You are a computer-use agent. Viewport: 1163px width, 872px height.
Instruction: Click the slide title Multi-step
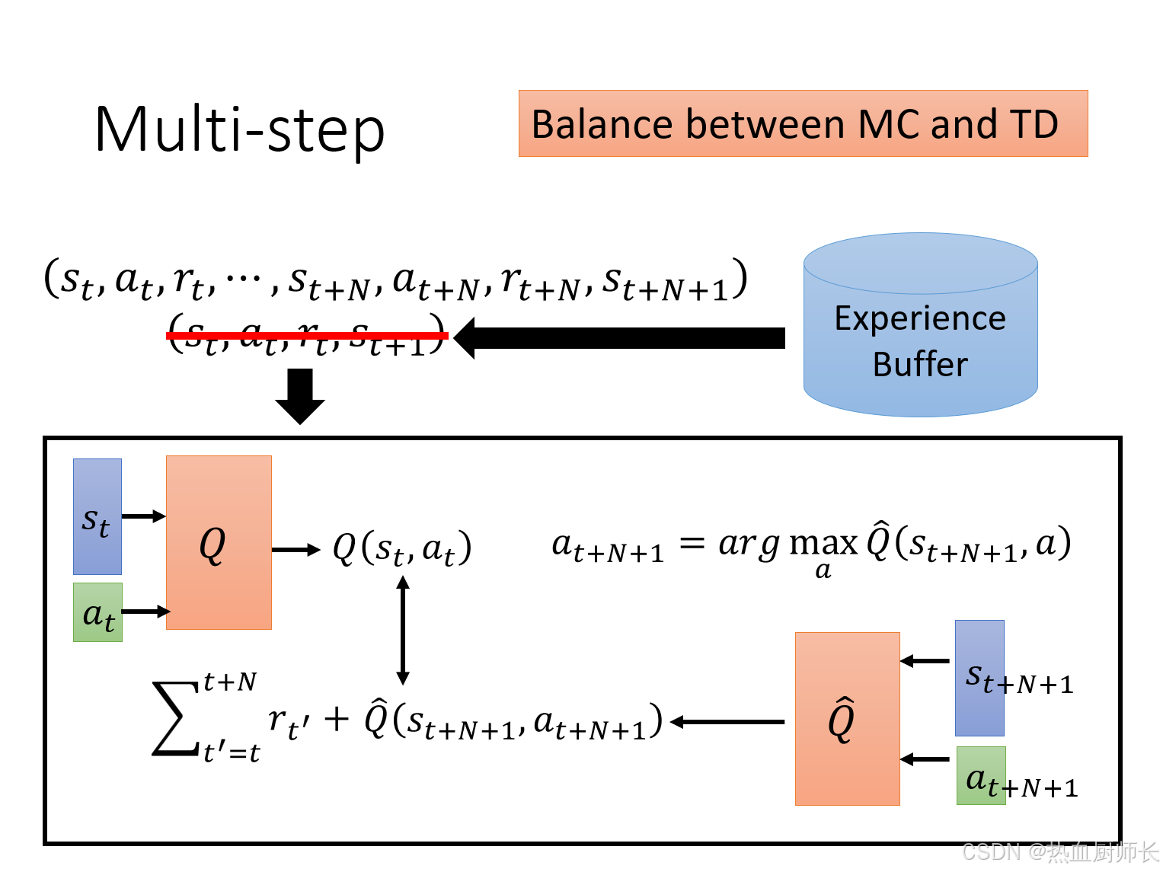pyautogui.click(x=239, y=129)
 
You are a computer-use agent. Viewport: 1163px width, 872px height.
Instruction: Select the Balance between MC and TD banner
pyautogui.click(x=803, y=123)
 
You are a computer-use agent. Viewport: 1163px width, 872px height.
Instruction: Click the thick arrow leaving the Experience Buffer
pyautogui.click(x=620, y=337)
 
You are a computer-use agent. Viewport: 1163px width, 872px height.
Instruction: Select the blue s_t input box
pyautogui.click(x=97, y=516)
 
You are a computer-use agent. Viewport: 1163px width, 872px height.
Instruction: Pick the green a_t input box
pyautogui.click(x=97, y=612)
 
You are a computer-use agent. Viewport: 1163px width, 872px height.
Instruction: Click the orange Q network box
pyautogui.click(x=219, y=542)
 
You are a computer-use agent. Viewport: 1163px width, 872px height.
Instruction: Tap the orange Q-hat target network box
pyautogui.click(x=847, y=718)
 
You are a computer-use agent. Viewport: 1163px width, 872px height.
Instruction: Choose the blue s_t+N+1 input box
pyautogui.click(x=979, y=678)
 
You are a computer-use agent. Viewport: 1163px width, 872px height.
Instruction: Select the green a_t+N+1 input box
pyautogui.click(x=981, y=776)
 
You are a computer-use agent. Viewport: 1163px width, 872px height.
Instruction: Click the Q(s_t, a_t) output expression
pyautogui.click(x=402, y=548)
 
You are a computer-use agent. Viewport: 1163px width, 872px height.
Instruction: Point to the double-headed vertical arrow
pyautogui.click(x=403, y=630)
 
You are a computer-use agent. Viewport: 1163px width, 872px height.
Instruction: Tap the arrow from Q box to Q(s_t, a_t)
pyautogui.click(x=296, y=550)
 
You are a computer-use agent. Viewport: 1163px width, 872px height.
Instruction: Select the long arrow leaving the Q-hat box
pyautogui.click(x=727, y=721)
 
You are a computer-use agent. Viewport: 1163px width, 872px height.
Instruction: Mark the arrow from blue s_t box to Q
pyautogui.click(x=143, y=516)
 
